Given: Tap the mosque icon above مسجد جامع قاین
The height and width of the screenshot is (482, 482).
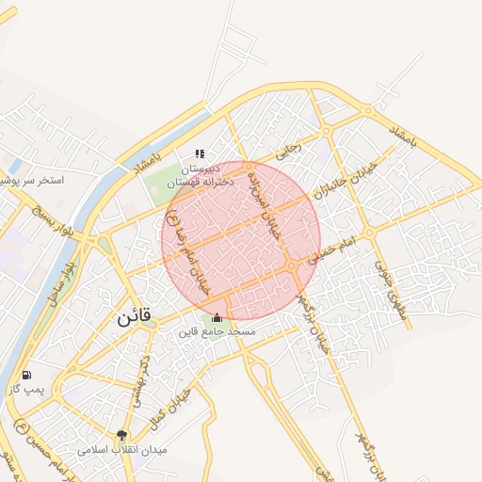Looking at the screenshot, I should pyautogui.click(x=218, y=317).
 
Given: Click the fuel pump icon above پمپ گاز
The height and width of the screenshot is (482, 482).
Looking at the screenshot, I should pyautogui.click(x=25, y=375).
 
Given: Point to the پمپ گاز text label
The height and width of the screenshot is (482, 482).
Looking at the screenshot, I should pyautogui.click(x=27, y=390).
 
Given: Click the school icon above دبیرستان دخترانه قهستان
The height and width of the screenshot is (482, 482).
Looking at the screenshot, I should pyautogui.click(x=199, y=153).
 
